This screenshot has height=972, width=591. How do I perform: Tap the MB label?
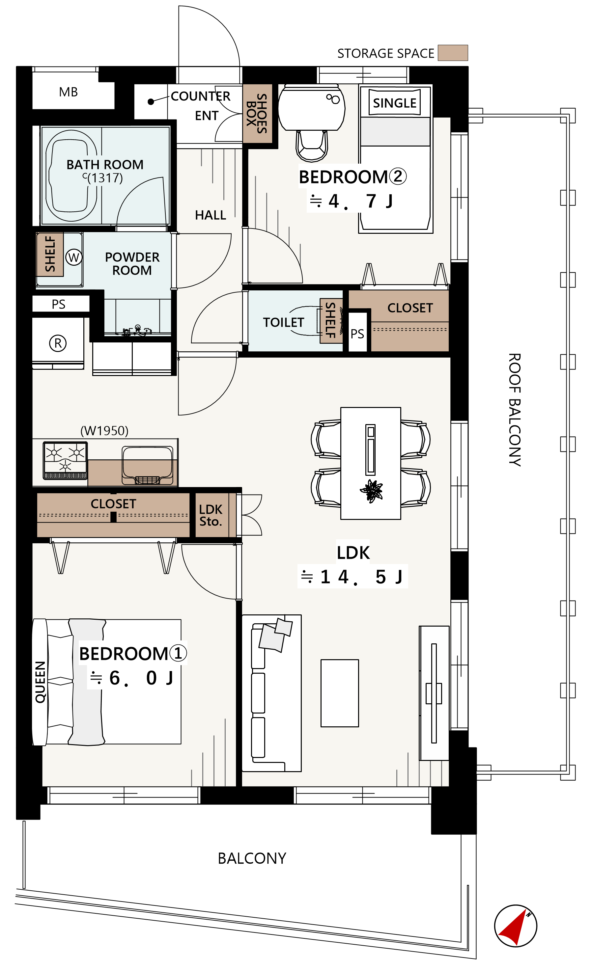coord(68,92)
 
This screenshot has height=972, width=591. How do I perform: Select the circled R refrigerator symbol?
coord(58,343)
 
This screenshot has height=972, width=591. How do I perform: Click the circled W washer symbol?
coord(74,257)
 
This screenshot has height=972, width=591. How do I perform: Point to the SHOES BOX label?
coord(257,114)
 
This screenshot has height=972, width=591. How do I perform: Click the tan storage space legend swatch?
coord(453,53)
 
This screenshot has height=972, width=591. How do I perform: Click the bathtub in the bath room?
coord(71,175)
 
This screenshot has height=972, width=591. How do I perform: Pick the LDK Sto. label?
coord(211,516)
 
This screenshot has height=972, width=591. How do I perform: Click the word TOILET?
coord(283,322)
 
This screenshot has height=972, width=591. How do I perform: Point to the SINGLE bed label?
coord(394,103)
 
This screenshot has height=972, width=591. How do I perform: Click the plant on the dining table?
coord(371,492)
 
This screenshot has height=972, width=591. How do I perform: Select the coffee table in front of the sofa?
coord(340,693)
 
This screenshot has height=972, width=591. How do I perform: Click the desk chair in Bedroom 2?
coord(312,145)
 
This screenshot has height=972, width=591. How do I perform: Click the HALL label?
coord(211,215)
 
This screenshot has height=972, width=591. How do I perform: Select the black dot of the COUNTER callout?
coord(151,102)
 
